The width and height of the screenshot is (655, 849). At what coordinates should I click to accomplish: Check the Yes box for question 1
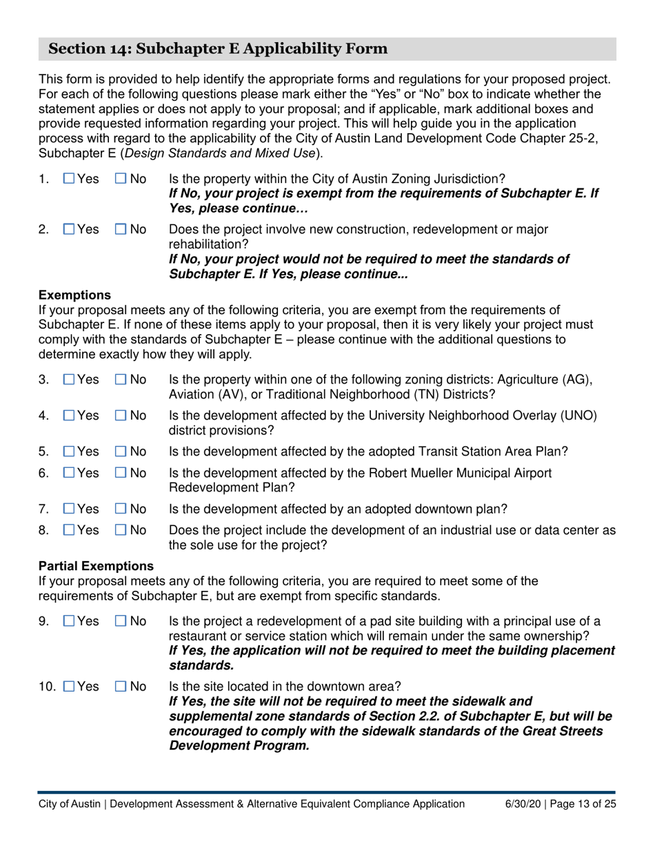click(x=69, y=179)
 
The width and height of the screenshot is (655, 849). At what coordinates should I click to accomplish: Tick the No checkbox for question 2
click(x=121, y=229)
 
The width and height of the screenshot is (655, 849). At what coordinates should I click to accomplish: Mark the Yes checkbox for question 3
click(x=69, y=380)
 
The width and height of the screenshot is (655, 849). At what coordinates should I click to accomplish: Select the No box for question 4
click(x=121, y=416)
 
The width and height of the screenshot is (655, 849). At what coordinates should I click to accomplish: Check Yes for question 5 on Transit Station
click(x=69, y=451)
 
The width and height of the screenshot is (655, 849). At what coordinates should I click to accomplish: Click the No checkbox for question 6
click(x=121, y=474)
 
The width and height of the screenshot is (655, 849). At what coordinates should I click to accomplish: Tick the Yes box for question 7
click(x=69, y=509)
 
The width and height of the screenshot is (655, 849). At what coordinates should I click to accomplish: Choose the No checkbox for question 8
click(x=121, y=531)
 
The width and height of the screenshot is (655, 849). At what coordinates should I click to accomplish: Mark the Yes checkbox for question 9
click(x=69, y=621)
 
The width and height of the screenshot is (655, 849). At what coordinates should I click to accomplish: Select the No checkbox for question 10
click(x=121, y=687)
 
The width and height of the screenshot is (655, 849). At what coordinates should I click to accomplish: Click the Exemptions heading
click(x=74, y=295)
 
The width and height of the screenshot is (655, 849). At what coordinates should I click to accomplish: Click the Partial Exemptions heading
click(x=96, y=566)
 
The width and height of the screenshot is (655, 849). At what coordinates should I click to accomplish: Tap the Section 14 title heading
click(x=218, y=49)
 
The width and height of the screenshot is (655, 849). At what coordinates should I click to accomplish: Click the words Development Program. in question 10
click(x=239, y=746)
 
